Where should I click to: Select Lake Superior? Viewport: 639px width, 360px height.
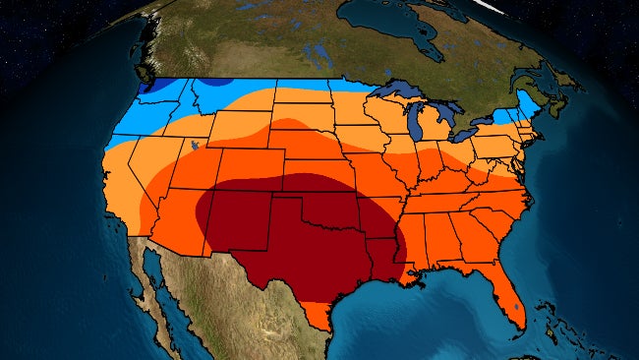coord(403,96)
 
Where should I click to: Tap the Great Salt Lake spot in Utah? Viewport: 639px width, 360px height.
coord(198,147)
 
